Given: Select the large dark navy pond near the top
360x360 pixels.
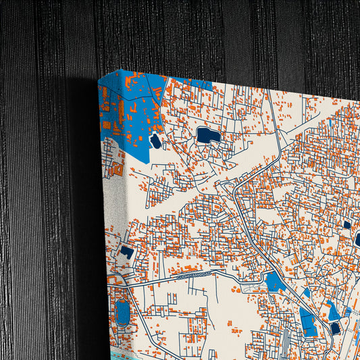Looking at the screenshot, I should (209, 136).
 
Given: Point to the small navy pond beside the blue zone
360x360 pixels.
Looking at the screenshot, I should (155, 142).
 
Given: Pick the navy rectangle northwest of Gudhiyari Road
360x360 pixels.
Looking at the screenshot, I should (127, 251).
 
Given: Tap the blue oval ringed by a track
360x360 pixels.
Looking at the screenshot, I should (123, 312).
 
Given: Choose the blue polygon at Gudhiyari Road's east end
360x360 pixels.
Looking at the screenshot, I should (276, 281).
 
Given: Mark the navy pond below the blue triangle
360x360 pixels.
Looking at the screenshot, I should (336, 329).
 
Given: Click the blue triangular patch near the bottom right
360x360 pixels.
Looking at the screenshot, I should (334, 311).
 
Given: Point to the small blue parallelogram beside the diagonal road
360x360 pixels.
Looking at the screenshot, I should (306, 293).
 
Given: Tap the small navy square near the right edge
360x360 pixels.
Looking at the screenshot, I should (347, 225).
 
